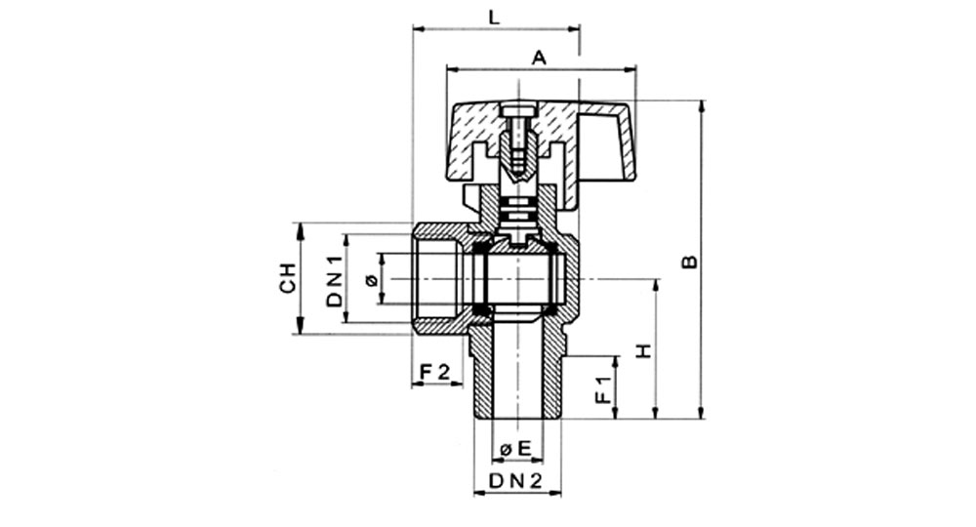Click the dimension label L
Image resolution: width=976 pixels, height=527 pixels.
point(494,17)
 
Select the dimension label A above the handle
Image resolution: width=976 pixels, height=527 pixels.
point(539,58)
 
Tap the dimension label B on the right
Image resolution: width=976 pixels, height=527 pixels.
point(689,263)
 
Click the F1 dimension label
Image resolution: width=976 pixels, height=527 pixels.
point(603,389)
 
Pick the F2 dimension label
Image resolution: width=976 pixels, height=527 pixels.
point(434,373)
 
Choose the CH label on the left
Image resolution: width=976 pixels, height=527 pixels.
point(287,278)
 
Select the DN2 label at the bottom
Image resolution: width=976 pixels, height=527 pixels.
point(516,480)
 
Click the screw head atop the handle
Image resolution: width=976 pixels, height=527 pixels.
point(518,112)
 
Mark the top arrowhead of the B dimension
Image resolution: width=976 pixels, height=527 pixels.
point(702,105)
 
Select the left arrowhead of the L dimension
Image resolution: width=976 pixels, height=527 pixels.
point(419,28)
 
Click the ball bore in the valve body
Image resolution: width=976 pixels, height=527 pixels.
point(518,278)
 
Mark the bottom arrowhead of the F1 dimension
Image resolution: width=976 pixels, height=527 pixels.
point(616,413)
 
